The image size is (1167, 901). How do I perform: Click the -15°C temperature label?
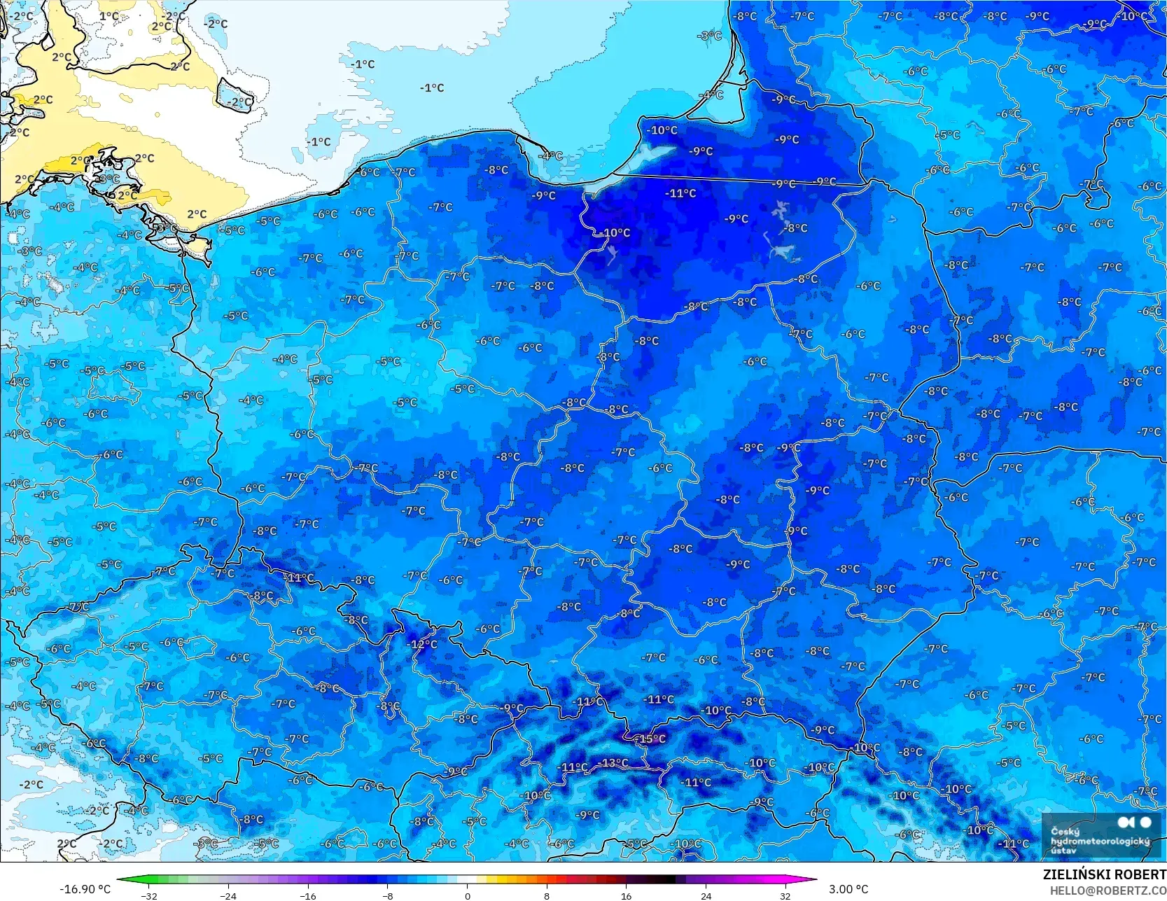coord(650,739)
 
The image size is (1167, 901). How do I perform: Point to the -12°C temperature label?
coord(422,644)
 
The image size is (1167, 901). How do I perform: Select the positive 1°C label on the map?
coord(109,16)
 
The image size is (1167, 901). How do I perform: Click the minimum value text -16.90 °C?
coord(85,889)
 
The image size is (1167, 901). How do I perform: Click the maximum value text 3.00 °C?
coord(848,889)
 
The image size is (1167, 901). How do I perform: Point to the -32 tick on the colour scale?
coord(149,895)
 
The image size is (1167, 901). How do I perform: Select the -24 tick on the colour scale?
coord(228,895)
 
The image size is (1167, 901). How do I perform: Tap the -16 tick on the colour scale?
coord(308,895)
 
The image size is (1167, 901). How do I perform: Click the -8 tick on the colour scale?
coord(388,895)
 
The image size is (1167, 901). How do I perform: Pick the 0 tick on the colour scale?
coord(468,895)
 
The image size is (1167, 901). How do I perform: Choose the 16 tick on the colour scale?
coord(626,895)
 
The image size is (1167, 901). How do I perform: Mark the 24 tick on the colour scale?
coord(706,895)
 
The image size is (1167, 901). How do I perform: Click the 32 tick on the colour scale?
coord(785,895)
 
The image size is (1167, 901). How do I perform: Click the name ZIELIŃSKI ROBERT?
coord(1104,874)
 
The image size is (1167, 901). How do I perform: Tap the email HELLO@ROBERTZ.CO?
coord(1107,890)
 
